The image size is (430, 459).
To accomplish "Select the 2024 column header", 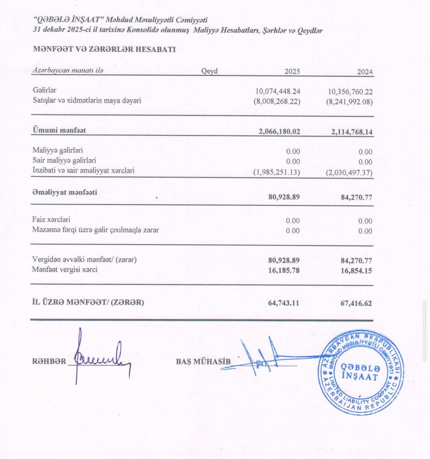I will click(365, 72).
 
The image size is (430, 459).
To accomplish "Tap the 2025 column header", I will click(292, 72).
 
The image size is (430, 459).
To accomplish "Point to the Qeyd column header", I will click(209, 71).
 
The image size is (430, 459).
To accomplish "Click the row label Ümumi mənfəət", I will click(59, 130).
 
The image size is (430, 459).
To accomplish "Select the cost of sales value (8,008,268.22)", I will click(277, 102).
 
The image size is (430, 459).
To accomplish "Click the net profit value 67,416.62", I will click(355, 303).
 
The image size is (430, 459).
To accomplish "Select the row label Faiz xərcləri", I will click(51, 220).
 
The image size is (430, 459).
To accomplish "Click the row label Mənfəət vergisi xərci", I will click(64, 270).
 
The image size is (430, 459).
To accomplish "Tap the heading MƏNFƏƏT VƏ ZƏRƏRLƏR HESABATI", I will click(104, 50).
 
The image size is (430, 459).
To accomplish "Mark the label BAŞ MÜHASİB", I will click(203, 361).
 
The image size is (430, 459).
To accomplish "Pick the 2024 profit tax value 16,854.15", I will click(356, 271).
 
